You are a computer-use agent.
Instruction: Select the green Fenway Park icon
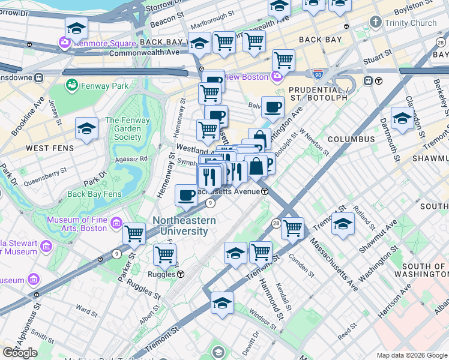pos(72,86)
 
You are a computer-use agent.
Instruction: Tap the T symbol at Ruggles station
pos(180,274)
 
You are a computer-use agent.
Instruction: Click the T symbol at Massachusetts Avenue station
pos(265,191)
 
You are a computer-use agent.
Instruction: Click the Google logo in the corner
pos(20,353)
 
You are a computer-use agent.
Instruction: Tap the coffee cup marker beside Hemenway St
pos(187,194)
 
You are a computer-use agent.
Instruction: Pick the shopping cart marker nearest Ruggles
pos(164,254)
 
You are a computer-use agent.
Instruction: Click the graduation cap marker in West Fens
pos(87,128)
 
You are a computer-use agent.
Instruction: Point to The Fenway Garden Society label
pos(123,128)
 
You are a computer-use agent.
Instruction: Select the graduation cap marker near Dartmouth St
pos(402,118)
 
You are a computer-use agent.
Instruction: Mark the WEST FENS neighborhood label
pos(49,148)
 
